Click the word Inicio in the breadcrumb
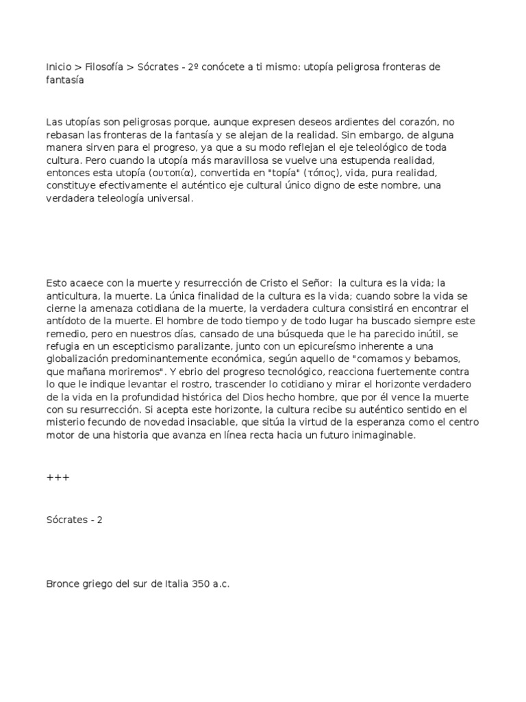point(58,67)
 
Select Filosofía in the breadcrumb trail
point(104,67)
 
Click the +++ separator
point(58,477)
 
